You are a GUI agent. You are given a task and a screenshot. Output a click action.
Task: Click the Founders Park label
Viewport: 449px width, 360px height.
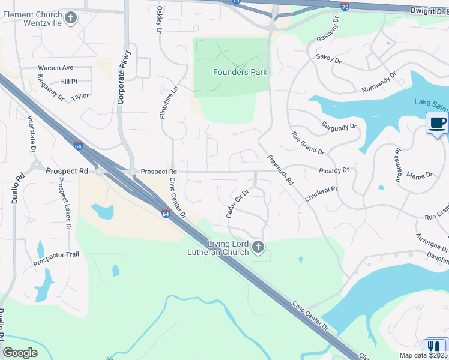pyautogui.click(x=240, y=73)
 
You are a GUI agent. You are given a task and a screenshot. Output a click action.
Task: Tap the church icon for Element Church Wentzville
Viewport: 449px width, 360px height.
pyautogui.click(x=71, y=17)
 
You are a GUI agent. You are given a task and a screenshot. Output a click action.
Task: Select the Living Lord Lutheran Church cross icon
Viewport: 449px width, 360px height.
pyautogui.click(x=258, y=247)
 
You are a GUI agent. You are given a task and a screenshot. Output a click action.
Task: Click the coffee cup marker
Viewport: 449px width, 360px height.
pyautogui.click(x=436, y=124)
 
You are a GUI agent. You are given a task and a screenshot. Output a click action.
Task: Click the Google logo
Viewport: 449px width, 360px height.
pyautogui.click(x=20, y=352)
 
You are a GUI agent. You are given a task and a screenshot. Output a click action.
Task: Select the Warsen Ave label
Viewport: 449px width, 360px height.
pyautogui.click(x=55, y=68)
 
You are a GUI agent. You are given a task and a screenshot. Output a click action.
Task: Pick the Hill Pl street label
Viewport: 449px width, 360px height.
pyautogui.click(x=68, y=81)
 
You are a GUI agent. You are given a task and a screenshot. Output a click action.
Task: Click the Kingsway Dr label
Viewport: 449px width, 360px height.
pyautogui.click(x=50, y=88)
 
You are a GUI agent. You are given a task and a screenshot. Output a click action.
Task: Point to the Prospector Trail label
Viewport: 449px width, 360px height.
pyautogui.click(x=56, y=255)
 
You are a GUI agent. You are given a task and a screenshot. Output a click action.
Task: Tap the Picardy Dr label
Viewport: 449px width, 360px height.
pyautogui.click(x=334, y=170)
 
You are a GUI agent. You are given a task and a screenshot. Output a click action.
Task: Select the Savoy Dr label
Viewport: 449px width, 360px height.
pyautogui.click(x=328, y=61)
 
